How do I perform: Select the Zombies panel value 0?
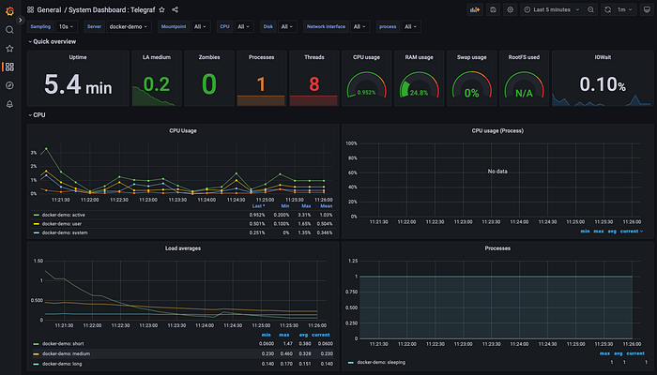tap(208, 84)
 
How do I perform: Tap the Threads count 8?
tap(314, 84)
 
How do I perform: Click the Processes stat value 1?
tap(261, 84)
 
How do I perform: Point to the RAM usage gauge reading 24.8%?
tap(419, 93)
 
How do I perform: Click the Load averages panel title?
tap(184, 249)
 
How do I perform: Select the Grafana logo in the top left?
tap(9, 9)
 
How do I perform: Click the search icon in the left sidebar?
tap(9, 29)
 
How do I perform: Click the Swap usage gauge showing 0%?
tap(470, 93)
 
